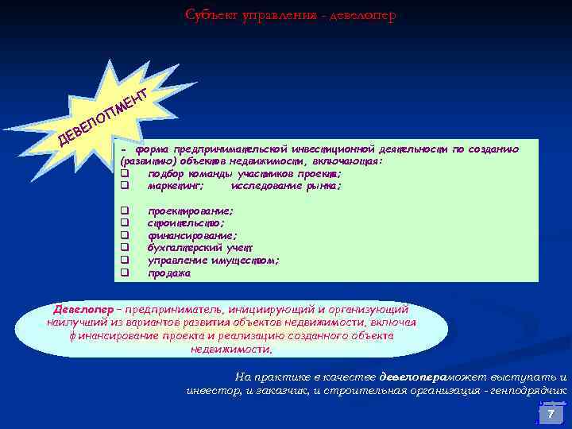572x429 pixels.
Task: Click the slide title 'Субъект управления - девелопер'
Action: coord(290,15)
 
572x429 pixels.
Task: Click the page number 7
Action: coord(550,415)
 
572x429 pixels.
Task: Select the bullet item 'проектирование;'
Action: coord(191,211)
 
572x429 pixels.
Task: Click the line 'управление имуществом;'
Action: coord(213,261)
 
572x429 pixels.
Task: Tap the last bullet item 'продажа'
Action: coord(169,273)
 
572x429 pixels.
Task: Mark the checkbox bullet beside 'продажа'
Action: coord(125,273)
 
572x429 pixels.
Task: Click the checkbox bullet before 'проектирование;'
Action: coord(125,211)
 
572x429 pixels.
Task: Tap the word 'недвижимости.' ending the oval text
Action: coord(231,350)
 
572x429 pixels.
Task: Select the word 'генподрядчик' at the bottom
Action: coord(532,390)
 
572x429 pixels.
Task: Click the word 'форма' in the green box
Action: coord(151,149)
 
